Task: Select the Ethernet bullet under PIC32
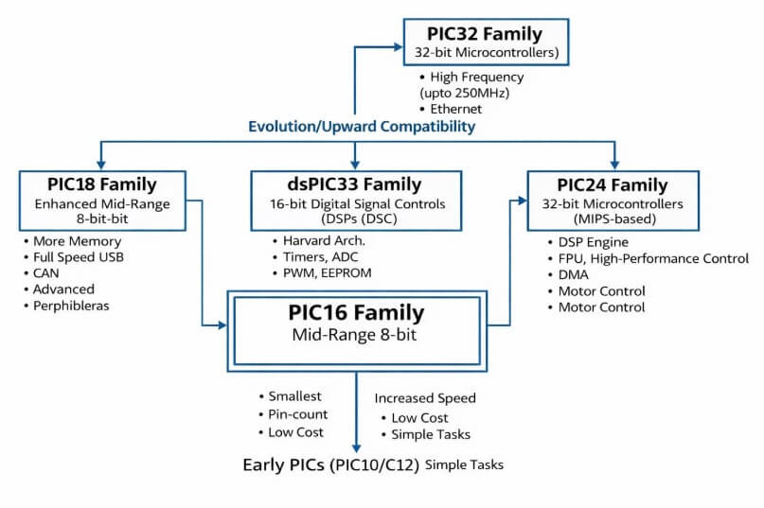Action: [455, 109]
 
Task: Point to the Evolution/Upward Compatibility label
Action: [362, 126]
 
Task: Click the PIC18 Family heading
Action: [101, 184]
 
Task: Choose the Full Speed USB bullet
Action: [79, 257]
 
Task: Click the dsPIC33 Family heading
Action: [355, 184]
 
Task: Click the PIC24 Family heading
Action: [612, 184]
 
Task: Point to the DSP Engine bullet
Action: [595, 242]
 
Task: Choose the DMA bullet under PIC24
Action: [574, 274]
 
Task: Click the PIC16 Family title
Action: [356, 312]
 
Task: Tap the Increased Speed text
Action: [425, 398]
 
